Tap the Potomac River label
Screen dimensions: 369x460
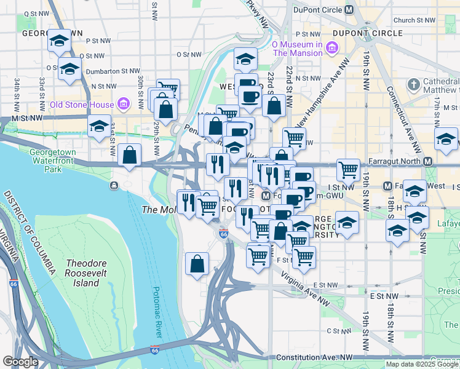(157, 312)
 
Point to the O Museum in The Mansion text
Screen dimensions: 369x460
(298, 49)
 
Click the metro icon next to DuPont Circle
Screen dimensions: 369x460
(349, 9)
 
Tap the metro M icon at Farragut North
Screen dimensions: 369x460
(428, 161)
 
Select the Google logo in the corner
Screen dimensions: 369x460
(20, 362)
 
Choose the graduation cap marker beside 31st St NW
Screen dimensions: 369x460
(99, 126)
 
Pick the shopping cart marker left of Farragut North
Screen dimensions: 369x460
(348, 168)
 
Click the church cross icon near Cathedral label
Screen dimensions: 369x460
(413, 84)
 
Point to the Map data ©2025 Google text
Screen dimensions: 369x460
(421, 364)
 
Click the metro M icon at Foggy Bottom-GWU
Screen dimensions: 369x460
(266, 196)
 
